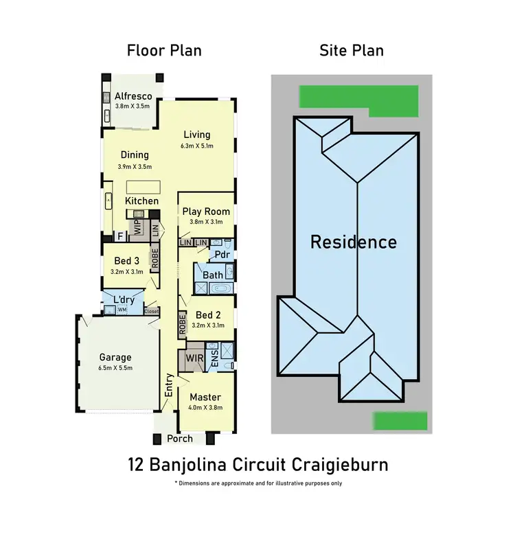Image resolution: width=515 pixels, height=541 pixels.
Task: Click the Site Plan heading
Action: tap(352, 50)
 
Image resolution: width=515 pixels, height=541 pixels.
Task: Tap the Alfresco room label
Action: tap(133, 96)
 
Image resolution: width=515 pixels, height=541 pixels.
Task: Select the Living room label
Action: tap(196, 135)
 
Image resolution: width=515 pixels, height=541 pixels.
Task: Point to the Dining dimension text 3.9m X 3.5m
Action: tap(135, 167)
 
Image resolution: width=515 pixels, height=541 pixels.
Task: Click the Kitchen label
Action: tap(142, 201)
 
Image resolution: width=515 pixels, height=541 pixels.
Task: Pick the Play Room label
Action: tap(206, 211)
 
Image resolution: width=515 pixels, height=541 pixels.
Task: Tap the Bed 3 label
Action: tap(124, 261)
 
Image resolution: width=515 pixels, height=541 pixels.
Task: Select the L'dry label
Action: tap(123, 300)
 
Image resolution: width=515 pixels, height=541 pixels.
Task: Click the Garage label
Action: tap(115, 357)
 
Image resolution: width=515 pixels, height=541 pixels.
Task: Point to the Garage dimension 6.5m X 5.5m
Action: tap(115, 368)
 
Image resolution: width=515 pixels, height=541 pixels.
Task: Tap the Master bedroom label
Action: tap(205, 398)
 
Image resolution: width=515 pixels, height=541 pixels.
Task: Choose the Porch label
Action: tap(180, 439)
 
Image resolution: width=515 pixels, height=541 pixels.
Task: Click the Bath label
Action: tap(212, 275)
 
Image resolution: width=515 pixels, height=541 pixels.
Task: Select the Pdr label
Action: tap(222, 255)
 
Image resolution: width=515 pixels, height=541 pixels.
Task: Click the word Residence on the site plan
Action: tap(354, 242)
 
